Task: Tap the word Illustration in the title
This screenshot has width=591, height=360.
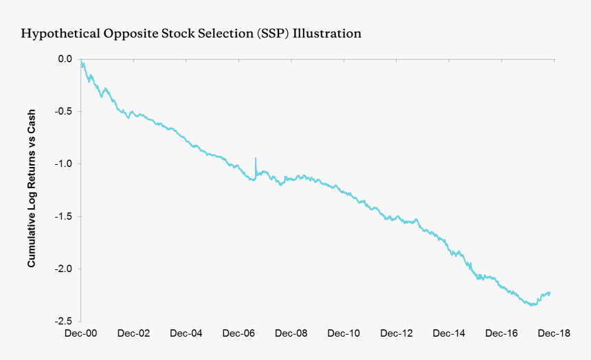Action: pyautogui.click(x=327, y=33)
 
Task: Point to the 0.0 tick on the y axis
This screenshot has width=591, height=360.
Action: pyautogui.click(x=65, y=59)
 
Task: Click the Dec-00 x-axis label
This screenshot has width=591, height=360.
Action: pyautogui.click(x=81, y=334)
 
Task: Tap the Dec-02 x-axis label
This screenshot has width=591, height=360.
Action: pyautogui.click(x=133, y=334)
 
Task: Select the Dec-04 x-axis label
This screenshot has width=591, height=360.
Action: pyautogui.click(x=186, y=334)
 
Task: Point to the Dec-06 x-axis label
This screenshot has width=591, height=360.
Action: pyautogui.click(x=238, y=334)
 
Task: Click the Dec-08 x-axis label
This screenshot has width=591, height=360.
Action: pyautogui.click(x=291, y=334)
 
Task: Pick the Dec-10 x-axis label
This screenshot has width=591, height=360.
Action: pyautogui.click(x=344, y=334)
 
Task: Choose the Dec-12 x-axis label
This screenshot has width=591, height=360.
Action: pyautogui.click(x=397, y=334)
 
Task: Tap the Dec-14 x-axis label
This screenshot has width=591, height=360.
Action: pyautogui.click(x=449, y=334)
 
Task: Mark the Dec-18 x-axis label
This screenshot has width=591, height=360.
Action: pyautogui.click(x=554, y=334)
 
